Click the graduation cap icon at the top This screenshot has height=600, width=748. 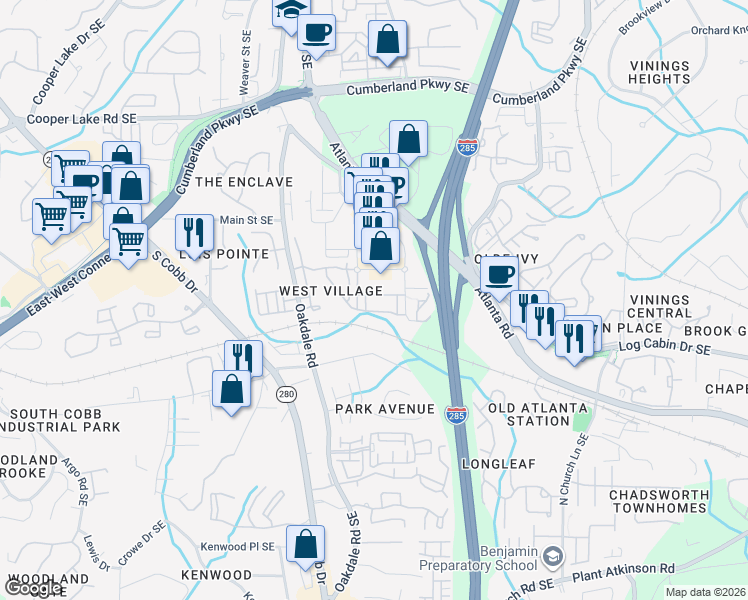tap(289, 11)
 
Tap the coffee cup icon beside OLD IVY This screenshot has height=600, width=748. tap(499, 273)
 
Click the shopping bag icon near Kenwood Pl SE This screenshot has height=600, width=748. tap(305, 544)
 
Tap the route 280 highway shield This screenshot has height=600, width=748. tap(287, 394)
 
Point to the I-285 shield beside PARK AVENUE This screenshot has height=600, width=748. tap(456, 418)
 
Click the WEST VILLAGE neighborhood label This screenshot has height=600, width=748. tap(330, 291)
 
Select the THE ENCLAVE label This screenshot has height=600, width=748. tap(244, 182)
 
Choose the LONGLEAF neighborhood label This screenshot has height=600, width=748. tap(500, 465)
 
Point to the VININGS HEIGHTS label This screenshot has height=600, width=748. tap(659, 73)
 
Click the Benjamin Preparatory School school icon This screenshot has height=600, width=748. tap(554, 555)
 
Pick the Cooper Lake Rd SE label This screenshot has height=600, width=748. tap(81, 119)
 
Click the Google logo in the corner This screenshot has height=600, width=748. tap(33, 588)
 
